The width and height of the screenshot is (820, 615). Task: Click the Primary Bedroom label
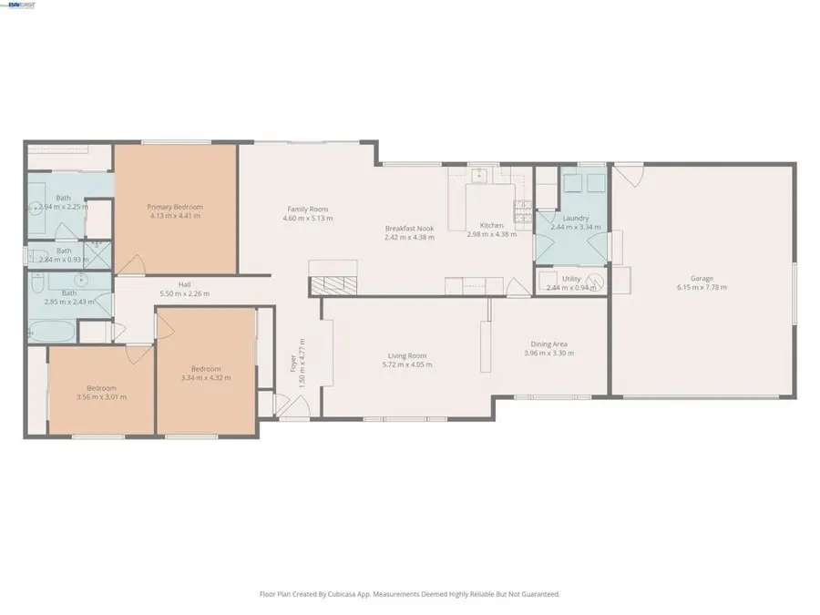click(x=175, y=207)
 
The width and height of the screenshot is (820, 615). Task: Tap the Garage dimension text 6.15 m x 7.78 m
click(x=702, y=287)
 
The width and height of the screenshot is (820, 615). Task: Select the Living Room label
click(x=407, y=355)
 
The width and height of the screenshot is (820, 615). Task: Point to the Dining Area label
click(x=549, y=343)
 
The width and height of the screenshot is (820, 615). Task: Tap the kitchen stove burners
click(x=523, y=211)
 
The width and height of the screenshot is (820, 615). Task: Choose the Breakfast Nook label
click(x=409, y=228)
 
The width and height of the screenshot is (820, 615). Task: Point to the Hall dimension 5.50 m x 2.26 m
click(x=185, y=293)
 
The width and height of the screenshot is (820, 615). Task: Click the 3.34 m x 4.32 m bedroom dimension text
click(x=207, y=378)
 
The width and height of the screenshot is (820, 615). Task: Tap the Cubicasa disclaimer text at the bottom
click(x=410, y=594)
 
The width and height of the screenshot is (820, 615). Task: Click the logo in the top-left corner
click(x=20, y=5)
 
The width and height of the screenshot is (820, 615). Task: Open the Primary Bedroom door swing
click(x=130, y=264)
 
